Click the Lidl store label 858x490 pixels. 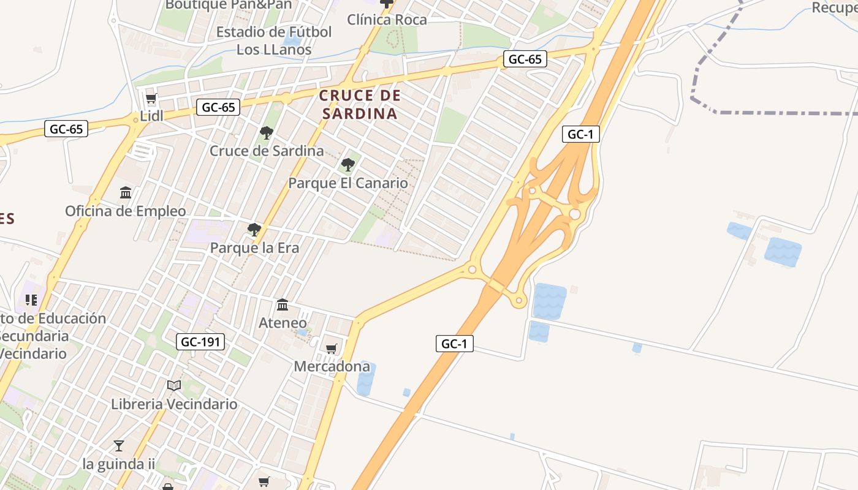pos(152,116)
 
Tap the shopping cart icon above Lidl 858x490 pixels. pos(151,98)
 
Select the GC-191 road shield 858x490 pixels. pos(200,342)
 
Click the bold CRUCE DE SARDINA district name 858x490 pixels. pos(360,104)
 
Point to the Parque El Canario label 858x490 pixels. pos(347,183)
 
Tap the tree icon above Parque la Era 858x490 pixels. pos(254,230)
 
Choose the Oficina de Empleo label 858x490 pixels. pos(126,211)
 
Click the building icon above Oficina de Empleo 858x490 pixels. pos(126,193)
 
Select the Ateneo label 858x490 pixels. pos(283,323)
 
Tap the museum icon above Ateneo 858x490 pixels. pos(283,304)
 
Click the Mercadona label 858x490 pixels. pos(332,366)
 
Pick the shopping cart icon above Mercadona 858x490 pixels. pos(332,349)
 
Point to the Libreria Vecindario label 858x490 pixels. pos(174,404)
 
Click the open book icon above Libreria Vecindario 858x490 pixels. pos(174,385)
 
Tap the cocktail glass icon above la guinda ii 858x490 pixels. pos(119,445)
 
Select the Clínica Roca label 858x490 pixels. pos(387,20)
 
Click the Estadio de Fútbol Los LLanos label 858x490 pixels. pos(275,40)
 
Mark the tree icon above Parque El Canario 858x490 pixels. pos(347,164)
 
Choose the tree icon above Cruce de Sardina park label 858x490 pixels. pos(267,132)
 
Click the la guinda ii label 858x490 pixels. pos(119,464)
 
